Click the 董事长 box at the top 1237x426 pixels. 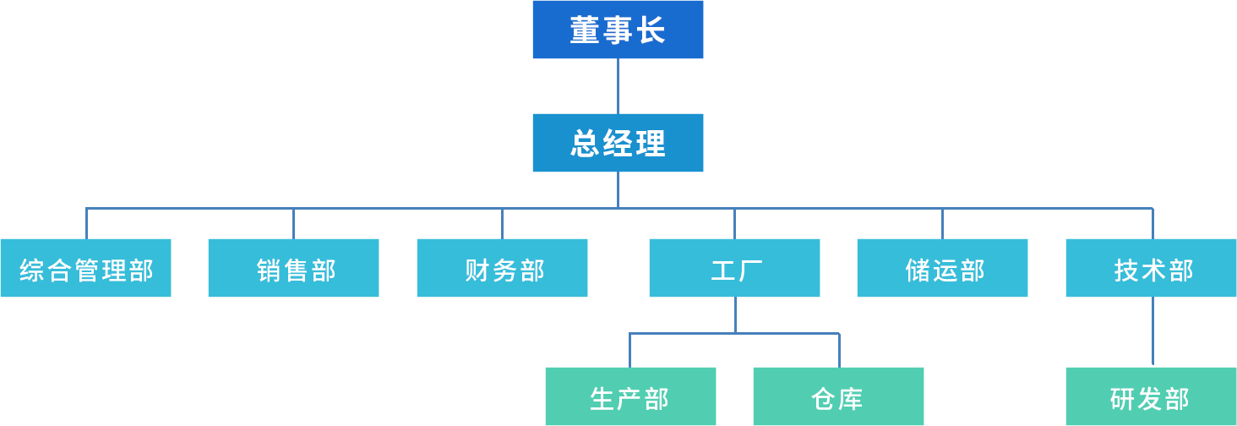tap(618, 30)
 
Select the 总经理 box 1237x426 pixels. tap(618, 143)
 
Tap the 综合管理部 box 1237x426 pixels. tap(86, 268)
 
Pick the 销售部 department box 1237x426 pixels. tap(293, 268)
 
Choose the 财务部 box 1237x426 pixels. tap(502, 268)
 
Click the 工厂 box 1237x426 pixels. tap(734, 268)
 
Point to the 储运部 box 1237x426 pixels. tap(942, 268)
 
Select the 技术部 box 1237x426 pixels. tap(1151, 268)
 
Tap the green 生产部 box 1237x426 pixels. tap(630, 396)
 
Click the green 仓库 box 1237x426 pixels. tap(838, 396)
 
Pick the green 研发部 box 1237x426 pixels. tap(1151, 396)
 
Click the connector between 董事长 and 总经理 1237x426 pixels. tap(618, 86)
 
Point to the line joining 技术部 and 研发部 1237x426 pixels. tap(1153, 332)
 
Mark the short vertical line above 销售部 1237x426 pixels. tap(294, 223)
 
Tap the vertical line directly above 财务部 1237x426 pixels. tap(503, 223)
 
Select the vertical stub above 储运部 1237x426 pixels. tap(943, 223)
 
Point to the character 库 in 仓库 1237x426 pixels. tap(851, 398)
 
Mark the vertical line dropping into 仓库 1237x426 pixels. tap(839, 350)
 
